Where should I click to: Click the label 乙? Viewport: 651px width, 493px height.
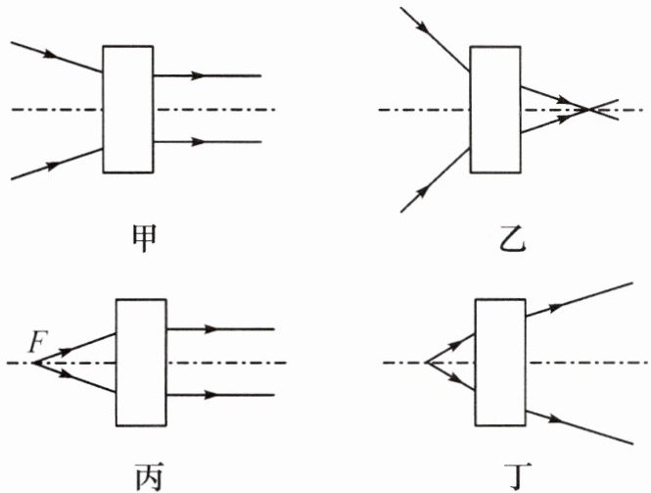pyautogui.click(x=510, y=237)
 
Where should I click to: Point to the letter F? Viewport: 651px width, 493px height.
pyautogui.click(x=36, y=344)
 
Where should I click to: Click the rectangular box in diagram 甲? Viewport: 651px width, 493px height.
pyautogui.click(x=128, y=108)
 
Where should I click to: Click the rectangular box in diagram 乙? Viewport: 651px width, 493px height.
pyautogui.click(x=494, y=108)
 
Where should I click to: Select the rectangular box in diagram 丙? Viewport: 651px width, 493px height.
pyautogui.click(x=141, y=362)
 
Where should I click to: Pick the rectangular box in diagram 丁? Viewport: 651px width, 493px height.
pyautogui.click(x=499, y=362)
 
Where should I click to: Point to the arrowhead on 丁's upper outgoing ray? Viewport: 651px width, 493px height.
pyautogui.click(x=559, y=307)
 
